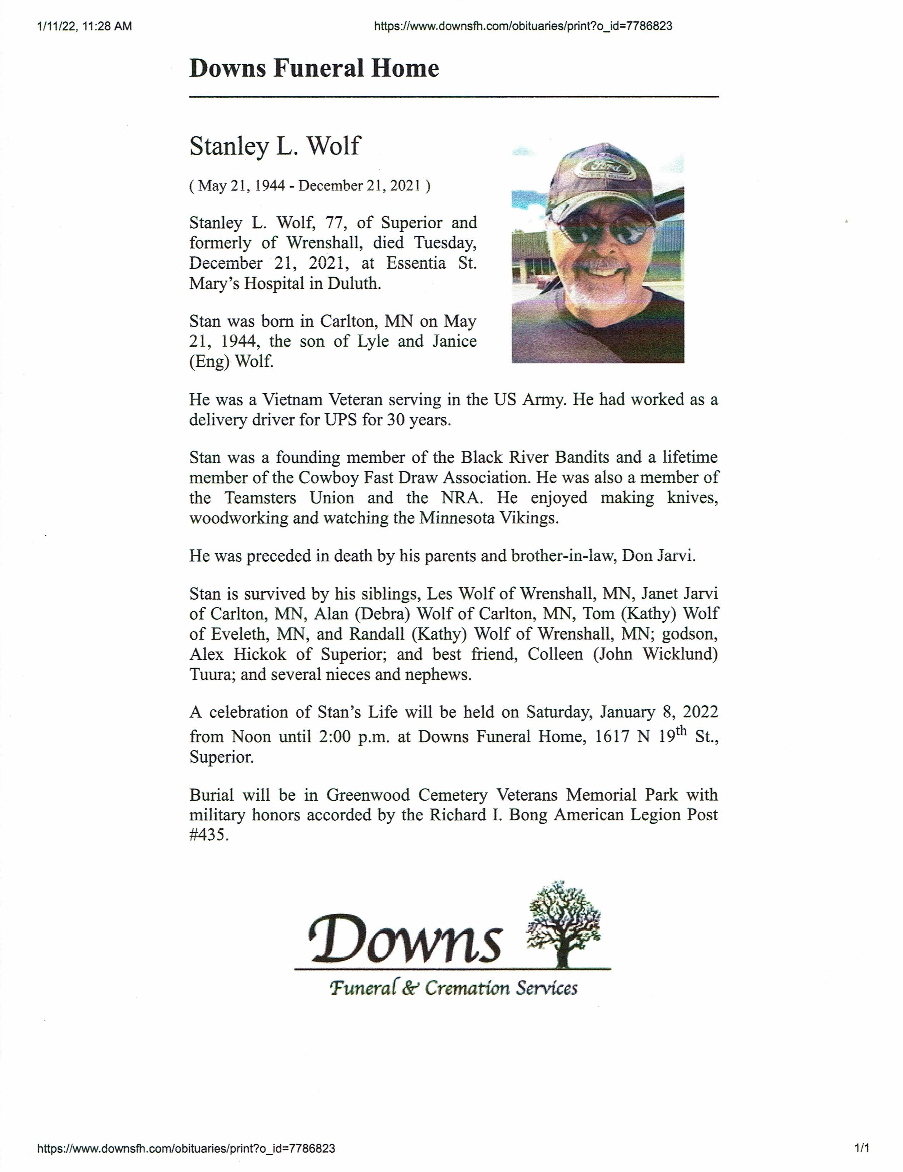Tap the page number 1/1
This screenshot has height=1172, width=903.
pyautogui.click(x=862, y=1148)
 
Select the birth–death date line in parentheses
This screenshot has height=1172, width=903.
pyautogui.click(x=310, y=186)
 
